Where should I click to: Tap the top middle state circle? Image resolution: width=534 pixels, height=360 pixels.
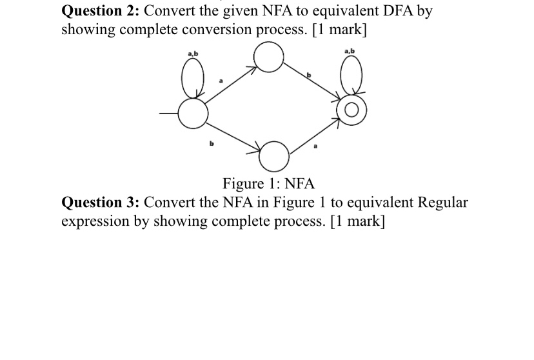[268, 57]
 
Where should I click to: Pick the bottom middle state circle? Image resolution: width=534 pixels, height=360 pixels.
[273, 154]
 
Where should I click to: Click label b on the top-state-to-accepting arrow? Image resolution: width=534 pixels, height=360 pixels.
[308, 76]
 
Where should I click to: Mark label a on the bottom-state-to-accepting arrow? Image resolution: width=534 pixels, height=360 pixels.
[315, 148]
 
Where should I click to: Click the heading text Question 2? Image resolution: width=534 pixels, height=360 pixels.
[103, 12]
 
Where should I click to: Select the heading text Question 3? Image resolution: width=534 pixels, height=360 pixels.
[103, 203]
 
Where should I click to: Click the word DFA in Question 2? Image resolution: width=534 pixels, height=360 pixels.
[395, 12]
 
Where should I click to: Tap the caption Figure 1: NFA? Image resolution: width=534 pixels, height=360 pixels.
[268, 184]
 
